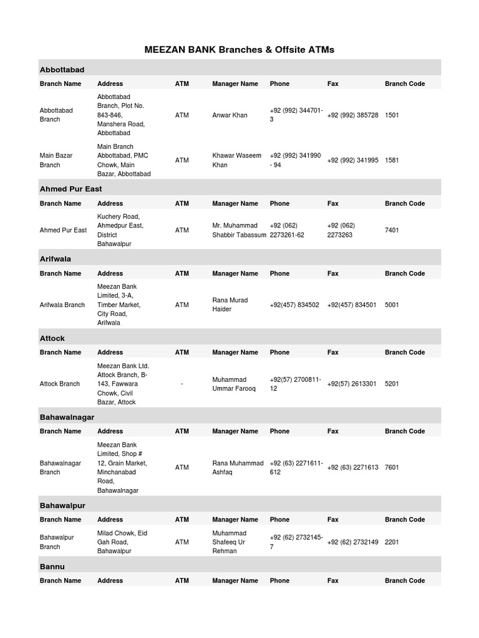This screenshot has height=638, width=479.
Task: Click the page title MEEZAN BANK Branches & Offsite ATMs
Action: click(239, 49)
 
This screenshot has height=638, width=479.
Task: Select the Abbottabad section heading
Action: click(62, 69)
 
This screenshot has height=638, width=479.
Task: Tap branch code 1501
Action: click(393, 115)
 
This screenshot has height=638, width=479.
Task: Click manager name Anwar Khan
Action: click(230, 115)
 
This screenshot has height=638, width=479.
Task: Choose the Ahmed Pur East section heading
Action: click(70, 188)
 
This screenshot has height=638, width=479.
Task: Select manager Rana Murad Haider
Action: click(230, 305)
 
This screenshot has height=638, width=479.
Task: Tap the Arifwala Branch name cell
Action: click(62, 305)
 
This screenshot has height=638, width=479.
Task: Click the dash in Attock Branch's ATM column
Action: click(181, 384)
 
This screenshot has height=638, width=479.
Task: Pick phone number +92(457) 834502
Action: click(294, 305)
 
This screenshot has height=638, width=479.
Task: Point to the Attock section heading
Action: click(52, 338)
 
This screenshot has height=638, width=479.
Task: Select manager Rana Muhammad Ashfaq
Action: click(238, 467)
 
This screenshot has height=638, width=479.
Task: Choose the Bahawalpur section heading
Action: click(62, 505)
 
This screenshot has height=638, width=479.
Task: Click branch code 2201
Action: click(392, 542)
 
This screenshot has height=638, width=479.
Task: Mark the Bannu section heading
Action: click(52, 566)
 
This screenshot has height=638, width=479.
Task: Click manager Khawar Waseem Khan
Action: click(236, 160)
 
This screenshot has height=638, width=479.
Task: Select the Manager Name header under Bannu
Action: click(235, 581)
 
